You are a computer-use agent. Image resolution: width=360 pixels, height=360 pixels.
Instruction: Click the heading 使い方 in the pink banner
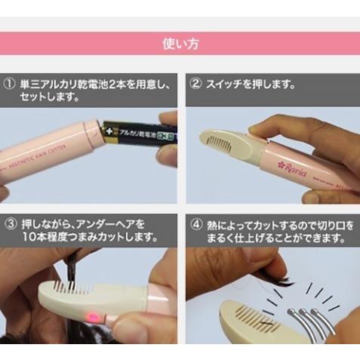pos(180,43)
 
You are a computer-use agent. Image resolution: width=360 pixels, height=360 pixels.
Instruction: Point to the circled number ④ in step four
pos(195,223)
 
